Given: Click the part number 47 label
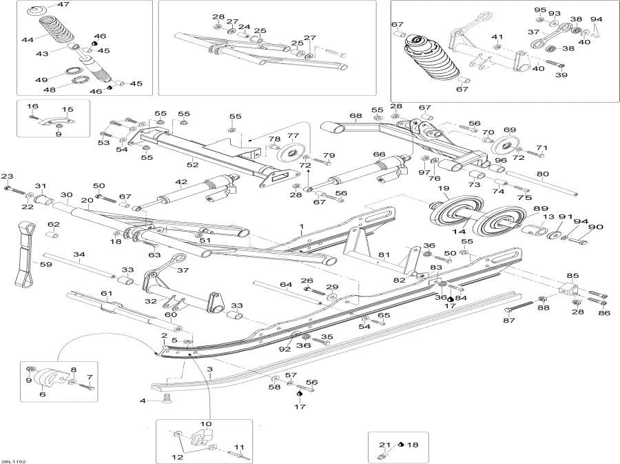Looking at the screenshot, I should click(x=63, y=5).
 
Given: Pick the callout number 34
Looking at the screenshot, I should click(x=80, y=254).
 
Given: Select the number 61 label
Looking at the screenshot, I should click(x=106, y=294).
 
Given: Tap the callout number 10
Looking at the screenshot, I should click(x=206, y=423).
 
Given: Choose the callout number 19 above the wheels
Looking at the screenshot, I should click(x=444, y=188).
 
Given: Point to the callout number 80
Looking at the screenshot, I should click(x=543, y=174).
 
